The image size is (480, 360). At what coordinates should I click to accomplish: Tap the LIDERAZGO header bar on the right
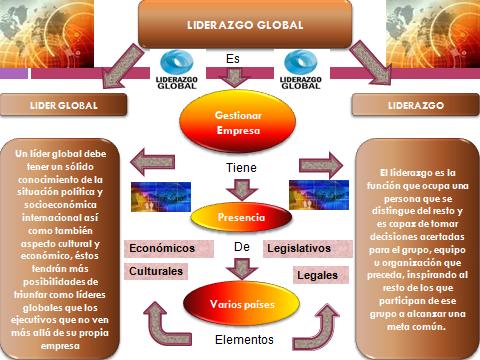click(x=419, y=104)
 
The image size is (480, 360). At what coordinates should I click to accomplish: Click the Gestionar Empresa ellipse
click(x=238, y=122)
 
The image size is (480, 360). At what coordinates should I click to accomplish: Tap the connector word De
click(x=240, y=246)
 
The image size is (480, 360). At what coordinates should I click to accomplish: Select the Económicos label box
click(x=161, y=248)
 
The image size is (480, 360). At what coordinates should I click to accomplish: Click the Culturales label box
click(x=155, y=271)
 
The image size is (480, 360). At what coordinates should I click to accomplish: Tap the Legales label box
click(x=317, y=274)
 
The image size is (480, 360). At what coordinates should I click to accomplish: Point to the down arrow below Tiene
click(x=239, y=187)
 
